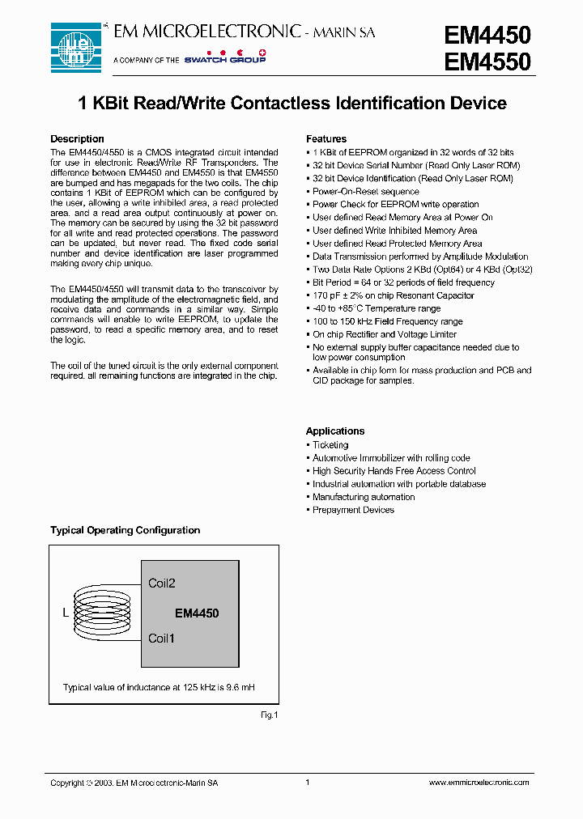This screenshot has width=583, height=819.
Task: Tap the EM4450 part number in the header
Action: pyautogui.click(x=487, y=35)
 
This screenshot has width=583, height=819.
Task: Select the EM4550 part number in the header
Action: pyautogui.click(x=487, y=62)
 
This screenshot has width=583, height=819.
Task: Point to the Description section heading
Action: pyautogui.click(x=77, y=139)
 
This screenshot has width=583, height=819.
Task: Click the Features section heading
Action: pyautogui.click(x=326, y=139)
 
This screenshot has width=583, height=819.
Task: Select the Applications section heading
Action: pyautogui.click(x=335, y=431)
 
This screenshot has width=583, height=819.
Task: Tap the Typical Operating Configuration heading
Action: pyautogui.click(x=125, y=531)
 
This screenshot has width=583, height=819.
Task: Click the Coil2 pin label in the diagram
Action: pyautogui.click(x=162, y=583)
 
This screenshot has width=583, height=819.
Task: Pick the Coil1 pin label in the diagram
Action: pyautogui.click(x=162, y=639)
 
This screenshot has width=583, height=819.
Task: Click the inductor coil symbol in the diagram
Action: pyautogui.click(x=93, y=612)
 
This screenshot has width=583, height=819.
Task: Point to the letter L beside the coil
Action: pyautogui.click(x=66, y=613)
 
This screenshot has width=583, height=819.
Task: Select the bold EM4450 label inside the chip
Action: pyautogui.click(x=197, y=613)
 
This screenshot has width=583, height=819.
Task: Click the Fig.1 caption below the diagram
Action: pyautogui.click(x=269, y=715)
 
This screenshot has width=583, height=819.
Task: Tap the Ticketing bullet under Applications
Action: pyautogui.click(x=330, y=445)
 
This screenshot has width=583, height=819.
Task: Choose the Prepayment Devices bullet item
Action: pyautogui.click(x=353, y=510)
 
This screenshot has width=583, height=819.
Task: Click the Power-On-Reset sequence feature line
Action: pyautogui.click(x=366, y=192)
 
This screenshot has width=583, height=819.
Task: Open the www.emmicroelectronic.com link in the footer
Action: pyautogui.click(x=478, y=783)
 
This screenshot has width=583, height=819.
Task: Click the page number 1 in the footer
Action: pyautogui.click(x=308, y=783)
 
